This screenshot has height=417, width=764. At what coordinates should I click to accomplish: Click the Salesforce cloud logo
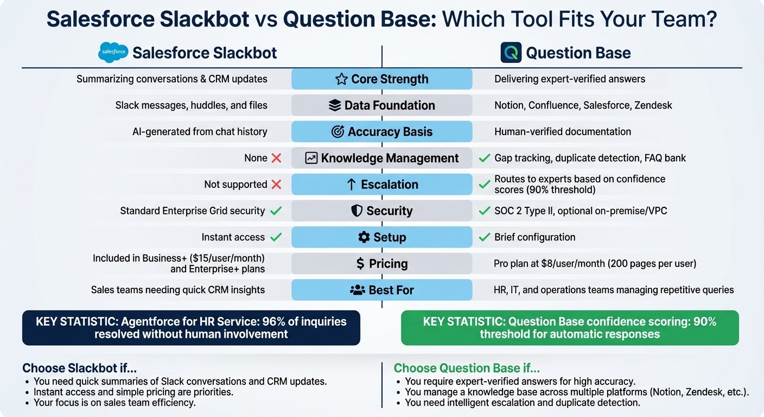click(113, 53)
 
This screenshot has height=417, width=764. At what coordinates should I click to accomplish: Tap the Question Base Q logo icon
click(510, 53)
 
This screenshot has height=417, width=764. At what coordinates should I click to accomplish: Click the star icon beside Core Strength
click(341, 79)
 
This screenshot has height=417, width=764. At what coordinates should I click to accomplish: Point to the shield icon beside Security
click(356, 211)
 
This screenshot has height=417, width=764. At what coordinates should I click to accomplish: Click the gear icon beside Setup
click(364, 237)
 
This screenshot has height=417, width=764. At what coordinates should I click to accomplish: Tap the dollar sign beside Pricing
click(360, 264)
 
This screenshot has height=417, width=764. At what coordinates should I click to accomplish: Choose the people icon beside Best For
click(358, 290)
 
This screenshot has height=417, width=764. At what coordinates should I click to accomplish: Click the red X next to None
click(276, 159)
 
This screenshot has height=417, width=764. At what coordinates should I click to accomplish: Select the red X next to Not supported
click(276, 185)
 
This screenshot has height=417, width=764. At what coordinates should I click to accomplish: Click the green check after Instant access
click(276, 237)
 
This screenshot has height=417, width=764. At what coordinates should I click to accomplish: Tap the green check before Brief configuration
click(484, 237)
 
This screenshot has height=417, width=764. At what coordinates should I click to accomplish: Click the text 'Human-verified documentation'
click(563, 132)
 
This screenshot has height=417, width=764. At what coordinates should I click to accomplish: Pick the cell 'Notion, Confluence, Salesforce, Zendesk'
click(583, 105)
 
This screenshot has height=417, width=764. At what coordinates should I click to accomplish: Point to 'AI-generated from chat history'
click(200, 132)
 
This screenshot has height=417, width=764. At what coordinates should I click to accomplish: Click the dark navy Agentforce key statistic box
click(191, 327)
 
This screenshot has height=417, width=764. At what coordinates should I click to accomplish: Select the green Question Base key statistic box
click(570, 327)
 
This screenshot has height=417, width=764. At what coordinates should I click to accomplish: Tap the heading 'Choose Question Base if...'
click(467, 369)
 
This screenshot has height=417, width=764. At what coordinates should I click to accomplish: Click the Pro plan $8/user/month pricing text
click(595, 264)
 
